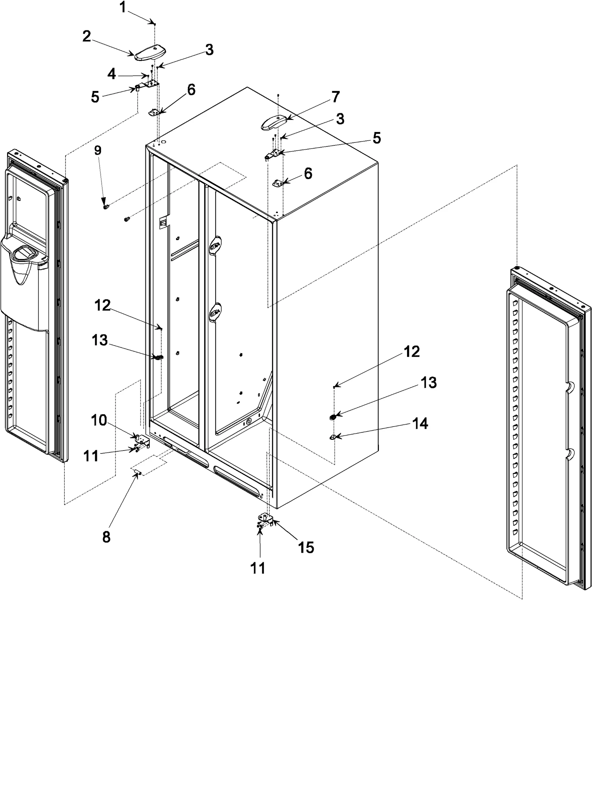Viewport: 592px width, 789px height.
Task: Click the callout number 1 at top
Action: (x=123, y=7)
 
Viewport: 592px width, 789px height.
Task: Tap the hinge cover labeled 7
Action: (x=274, y=122)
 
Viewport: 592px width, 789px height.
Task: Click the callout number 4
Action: (x=112, y=74)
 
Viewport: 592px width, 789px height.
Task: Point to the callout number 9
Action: (x=98, y=150)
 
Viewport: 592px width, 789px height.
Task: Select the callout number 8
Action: (x=107, y=537)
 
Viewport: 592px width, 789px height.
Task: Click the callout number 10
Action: (x=99, y=420)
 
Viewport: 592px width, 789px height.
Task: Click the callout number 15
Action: (x=306, y=547)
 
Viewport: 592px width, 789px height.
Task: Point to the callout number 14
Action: (x=420, y=424)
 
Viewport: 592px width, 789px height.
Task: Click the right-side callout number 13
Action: (x=428, y=382)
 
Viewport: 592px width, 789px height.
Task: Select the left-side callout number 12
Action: (x=102, y=306)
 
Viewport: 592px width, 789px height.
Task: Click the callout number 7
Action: (x=335, y=97)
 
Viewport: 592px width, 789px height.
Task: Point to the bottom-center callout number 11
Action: (x=258, y=568)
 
